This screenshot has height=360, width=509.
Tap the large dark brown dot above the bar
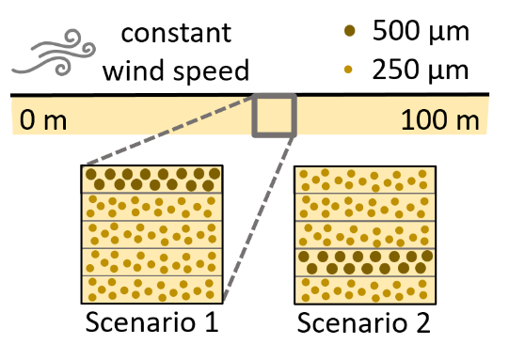(350, 30)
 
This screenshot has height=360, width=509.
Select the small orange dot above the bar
(348, 69)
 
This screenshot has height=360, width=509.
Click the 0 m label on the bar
(43, 120)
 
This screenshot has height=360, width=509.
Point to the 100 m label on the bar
(439, 120)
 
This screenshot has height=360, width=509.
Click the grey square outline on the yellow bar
(274, 116)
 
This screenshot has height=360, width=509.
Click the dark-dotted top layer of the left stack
(151, 180)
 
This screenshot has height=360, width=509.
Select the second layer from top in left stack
(151, 207)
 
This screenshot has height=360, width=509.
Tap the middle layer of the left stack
(151, 234)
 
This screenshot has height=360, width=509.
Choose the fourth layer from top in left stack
(151, 261)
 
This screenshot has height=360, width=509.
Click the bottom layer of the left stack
(151, 289)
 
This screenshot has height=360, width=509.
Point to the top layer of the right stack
(365, 180)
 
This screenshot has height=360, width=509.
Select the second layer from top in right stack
(365, 207)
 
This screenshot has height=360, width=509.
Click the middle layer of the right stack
(365, 234)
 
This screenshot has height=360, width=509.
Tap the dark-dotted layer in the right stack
(365, 261)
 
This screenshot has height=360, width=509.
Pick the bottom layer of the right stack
(365, 289)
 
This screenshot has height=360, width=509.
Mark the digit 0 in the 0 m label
(28, 120)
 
